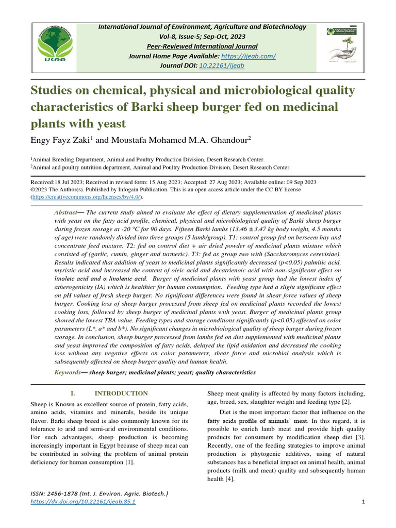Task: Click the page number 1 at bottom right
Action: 364,502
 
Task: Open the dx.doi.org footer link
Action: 84,502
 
